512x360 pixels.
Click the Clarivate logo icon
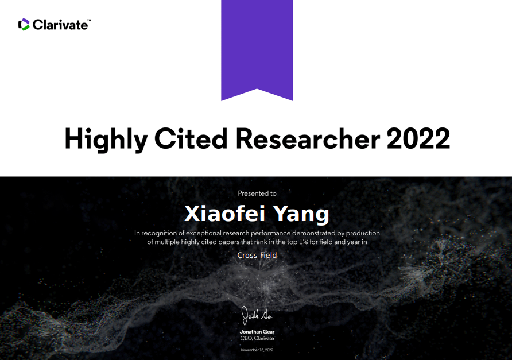[x=24, y=25]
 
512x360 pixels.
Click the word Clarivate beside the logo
[x=60, y=25]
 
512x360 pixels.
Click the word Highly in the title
[x=106, y=140]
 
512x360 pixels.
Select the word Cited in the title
[x=191, y=138]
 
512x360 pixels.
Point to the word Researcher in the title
[x=308, y=138]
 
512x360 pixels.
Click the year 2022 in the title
[x=418, y=138]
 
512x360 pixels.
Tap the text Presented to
[x=257, y=193]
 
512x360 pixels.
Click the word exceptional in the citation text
[x=203, y=233]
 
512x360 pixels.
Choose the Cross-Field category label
[x=257, y=255]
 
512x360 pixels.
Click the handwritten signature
[x=257, y=316]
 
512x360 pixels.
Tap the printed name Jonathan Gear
[x=257, y=332]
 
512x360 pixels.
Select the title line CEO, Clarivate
[x=257, y=338]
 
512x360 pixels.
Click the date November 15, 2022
[x=257, y=350]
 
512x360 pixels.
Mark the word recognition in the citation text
[x=158, y=234]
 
